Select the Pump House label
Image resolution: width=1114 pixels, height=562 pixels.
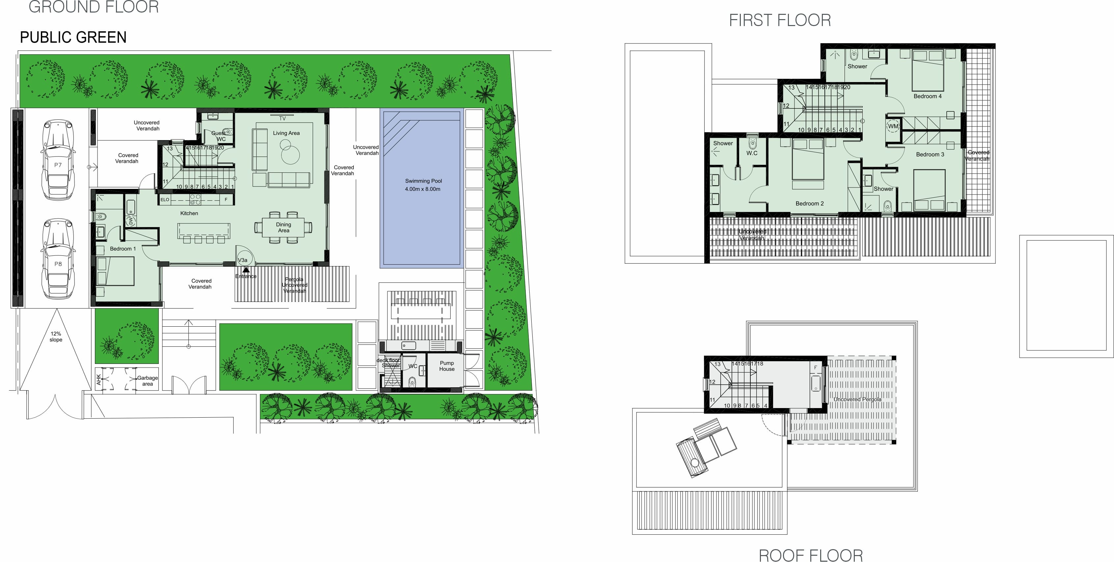tap(447, 366)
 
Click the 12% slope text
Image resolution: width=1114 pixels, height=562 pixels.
tap(56, 337)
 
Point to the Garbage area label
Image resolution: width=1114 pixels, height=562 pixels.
tap(148, 381)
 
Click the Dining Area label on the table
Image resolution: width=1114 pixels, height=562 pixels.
tap(283, 227)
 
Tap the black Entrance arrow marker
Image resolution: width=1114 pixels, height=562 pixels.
tap(246, 270)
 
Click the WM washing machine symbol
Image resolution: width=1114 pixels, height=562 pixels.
tap(893, 126)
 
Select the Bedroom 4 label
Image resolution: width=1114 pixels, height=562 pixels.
tap(927, 96)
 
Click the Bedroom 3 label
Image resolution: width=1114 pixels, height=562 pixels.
tap(930, 155)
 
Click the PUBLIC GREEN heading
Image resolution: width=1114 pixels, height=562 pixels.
tap(73, 37)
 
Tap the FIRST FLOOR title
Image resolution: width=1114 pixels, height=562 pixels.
tap(780, 20)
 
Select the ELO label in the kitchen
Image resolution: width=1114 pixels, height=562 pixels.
tap(165, 199)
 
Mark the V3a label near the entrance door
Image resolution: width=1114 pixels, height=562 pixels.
tap(243, 260)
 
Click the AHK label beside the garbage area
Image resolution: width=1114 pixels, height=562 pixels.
tap(98, 379)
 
